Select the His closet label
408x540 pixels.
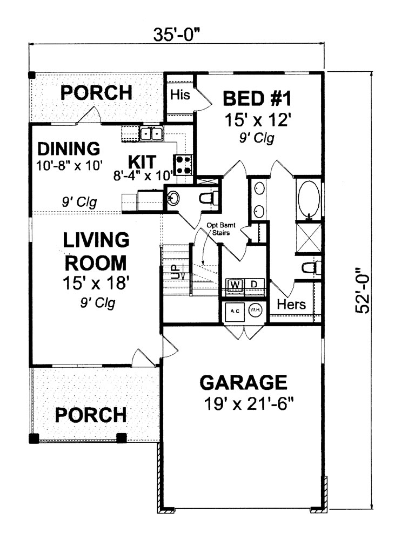click(180, 95)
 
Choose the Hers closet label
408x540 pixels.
click(291, 305)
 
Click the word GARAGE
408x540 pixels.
click(243, 382)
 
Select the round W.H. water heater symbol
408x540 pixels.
click(255, 310)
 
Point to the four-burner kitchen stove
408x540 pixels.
click(182, 164)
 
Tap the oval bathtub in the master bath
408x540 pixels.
click(309, 198)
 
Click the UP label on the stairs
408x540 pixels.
click(175, 272)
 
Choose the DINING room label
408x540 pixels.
click(70, 148)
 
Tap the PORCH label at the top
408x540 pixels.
click(96, 92)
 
